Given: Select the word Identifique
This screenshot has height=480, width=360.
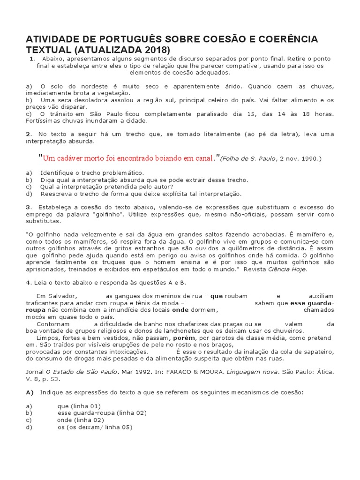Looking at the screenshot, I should [60, 173].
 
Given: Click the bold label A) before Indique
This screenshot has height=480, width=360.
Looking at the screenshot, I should [30, 392].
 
